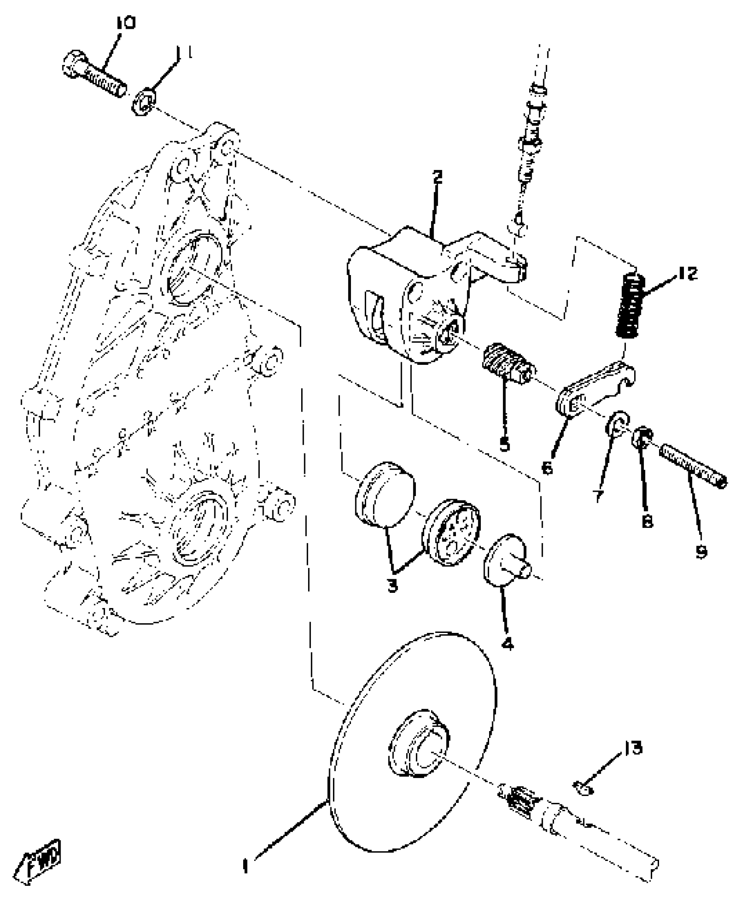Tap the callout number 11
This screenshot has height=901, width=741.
(x=184, y=54)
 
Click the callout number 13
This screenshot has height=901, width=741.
(x=632, y=748)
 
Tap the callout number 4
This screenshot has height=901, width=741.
(x=507, y=643)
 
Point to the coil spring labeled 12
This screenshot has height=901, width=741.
(x=630, y=305)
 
